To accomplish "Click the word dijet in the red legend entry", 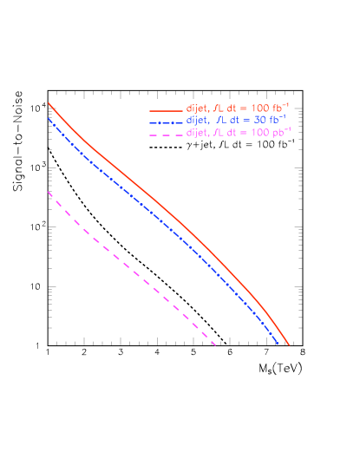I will (197, 108).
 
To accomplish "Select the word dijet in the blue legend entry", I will (197, 120).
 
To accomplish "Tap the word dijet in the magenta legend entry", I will (197, 132).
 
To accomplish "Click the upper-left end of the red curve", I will (49, 102).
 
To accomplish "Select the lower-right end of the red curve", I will (289, 345).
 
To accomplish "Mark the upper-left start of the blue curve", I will (49, 119).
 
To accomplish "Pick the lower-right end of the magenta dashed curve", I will (214, 344).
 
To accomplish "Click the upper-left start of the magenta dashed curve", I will (49, 192).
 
